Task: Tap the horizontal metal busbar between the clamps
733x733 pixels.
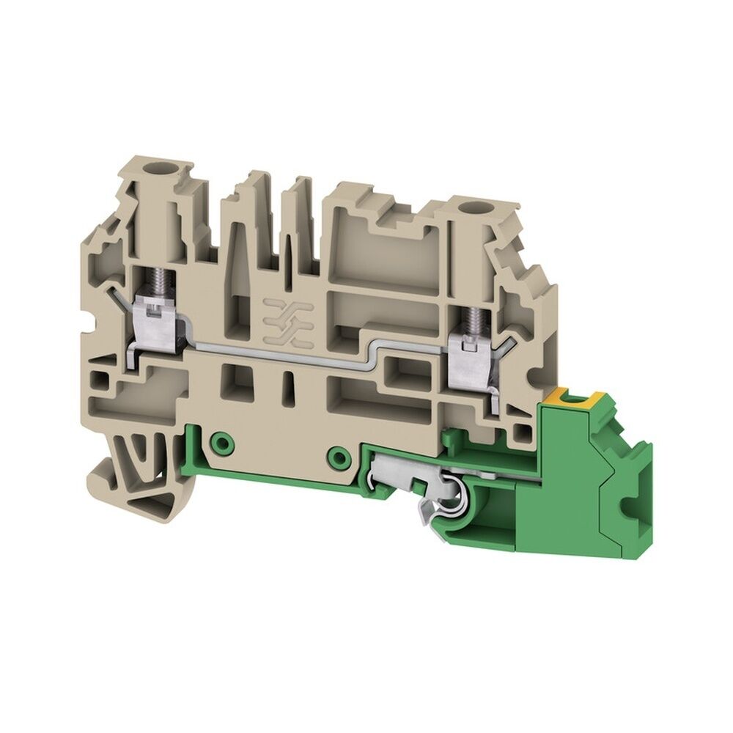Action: click(x=293, y=350)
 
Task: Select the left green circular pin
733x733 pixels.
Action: click(x=218, y=441)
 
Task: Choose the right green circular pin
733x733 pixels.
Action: click(x=338, y=457)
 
